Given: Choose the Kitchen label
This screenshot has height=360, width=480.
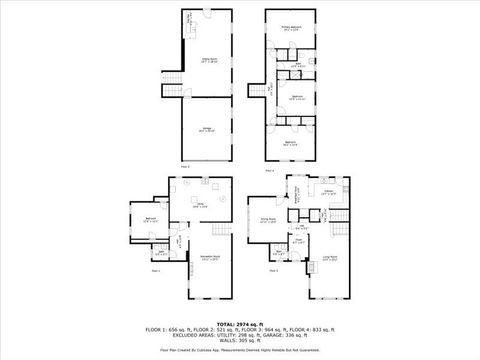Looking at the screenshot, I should pos(328,191).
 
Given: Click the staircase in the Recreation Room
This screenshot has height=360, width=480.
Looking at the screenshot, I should pos(176,241).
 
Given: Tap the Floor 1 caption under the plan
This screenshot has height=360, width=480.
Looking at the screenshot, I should pos(156,270).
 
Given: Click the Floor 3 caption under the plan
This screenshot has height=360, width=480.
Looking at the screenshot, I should pos(270,168).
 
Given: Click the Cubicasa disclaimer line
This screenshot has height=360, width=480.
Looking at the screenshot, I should pos(240,351).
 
